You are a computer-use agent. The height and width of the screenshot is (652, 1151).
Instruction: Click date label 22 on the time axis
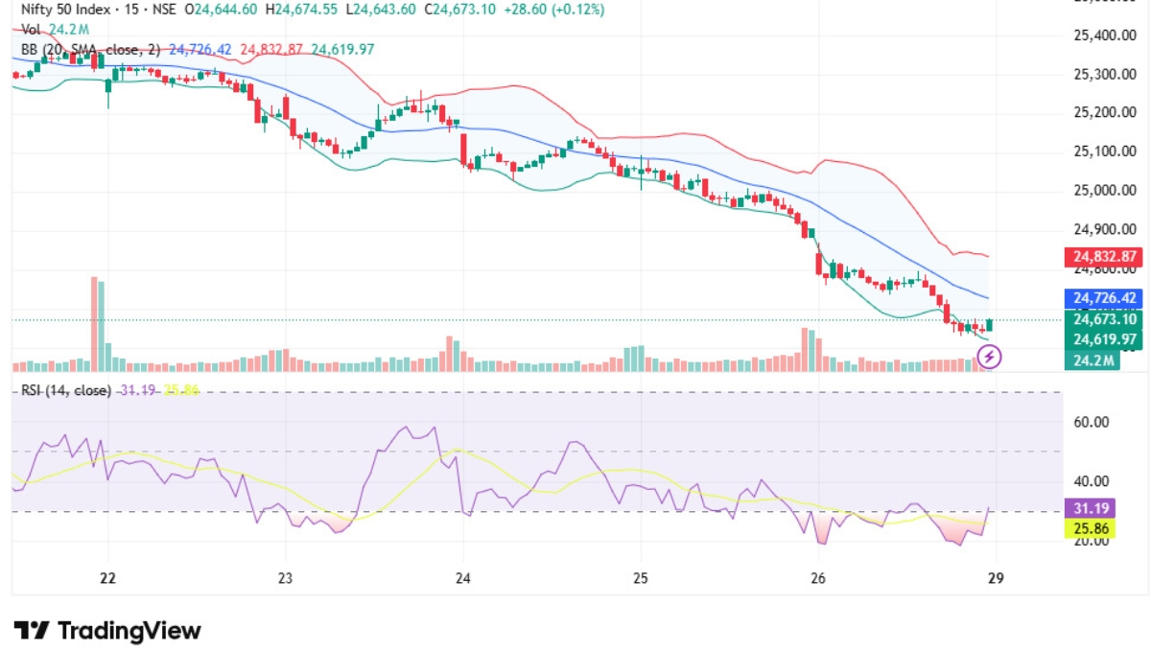coord(107,578)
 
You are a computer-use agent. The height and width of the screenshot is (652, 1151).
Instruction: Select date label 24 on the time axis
coord(463,578)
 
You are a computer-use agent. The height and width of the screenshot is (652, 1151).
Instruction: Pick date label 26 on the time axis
coord(818,578)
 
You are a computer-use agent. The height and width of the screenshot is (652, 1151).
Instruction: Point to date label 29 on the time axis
coord(996,578)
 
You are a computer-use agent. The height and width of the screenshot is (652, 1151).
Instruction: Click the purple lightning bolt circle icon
coord(990,358)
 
